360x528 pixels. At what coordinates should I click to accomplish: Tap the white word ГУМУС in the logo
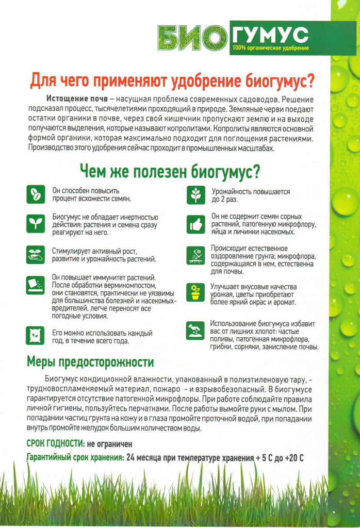(x=270, y=35)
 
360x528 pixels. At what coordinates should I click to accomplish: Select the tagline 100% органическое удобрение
(x=270, y=48)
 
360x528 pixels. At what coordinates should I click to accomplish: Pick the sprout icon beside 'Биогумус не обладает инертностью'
(x=36, y=223)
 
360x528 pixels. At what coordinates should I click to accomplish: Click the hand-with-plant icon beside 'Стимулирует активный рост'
(x=36, y=254)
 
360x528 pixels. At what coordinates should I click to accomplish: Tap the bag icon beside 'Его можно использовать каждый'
(x=36, y=336)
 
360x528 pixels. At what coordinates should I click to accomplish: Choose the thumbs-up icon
(x=195, y=224)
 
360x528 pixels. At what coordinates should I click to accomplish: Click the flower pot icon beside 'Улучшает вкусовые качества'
(x=195, y=292)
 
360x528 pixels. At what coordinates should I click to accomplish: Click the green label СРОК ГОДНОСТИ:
(x=55, y=443)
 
